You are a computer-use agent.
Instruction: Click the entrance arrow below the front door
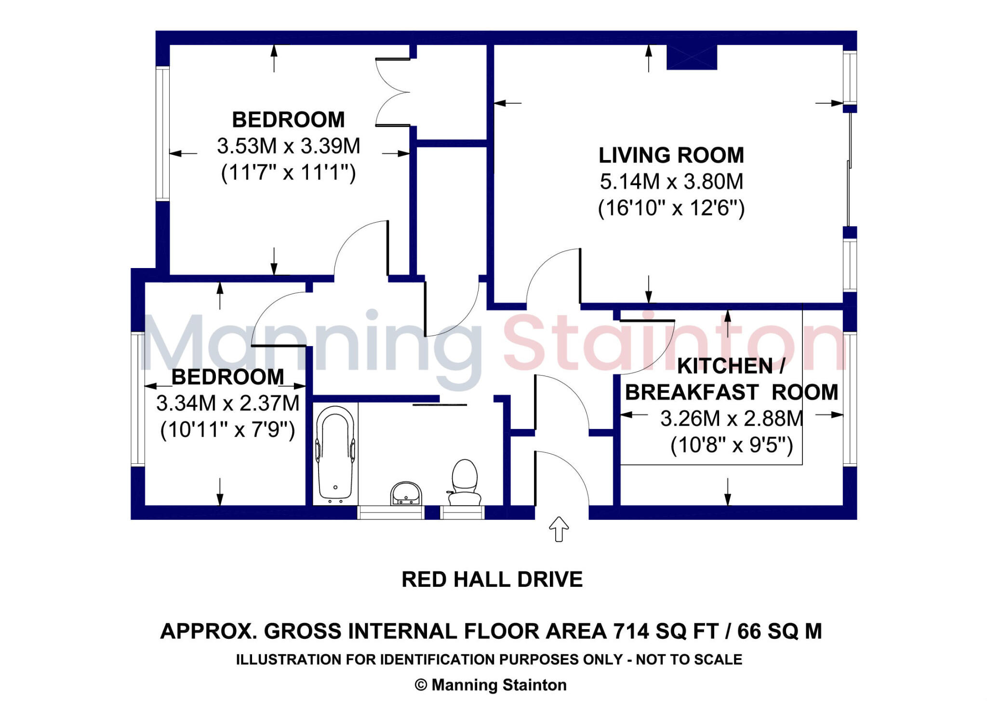click(559, 529)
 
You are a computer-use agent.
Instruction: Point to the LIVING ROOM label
click(671, 155)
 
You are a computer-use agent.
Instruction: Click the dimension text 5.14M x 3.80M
click(671, 182)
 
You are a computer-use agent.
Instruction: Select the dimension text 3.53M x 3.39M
click(288, 146)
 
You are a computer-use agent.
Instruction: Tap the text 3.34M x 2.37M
click(227, 403)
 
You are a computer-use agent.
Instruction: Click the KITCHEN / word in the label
click(731, 366)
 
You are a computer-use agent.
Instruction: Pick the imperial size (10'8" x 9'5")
click(731, 445)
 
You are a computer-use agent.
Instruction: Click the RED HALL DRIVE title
click(492, 579)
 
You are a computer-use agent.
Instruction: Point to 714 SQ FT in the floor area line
click(666, 631)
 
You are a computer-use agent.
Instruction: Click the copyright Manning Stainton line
click(491, 685)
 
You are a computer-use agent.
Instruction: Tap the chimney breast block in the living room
click(691, 57)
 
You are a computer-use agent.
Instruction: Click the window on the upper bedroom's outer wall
click(162, 134)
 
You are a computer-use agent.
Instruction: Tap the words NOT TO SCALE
click(689, 659)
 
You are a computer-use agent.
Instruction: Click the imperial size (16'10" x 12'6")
click(671, 208)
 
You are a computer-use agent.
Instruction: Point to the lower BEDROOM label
click(227, 377)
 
